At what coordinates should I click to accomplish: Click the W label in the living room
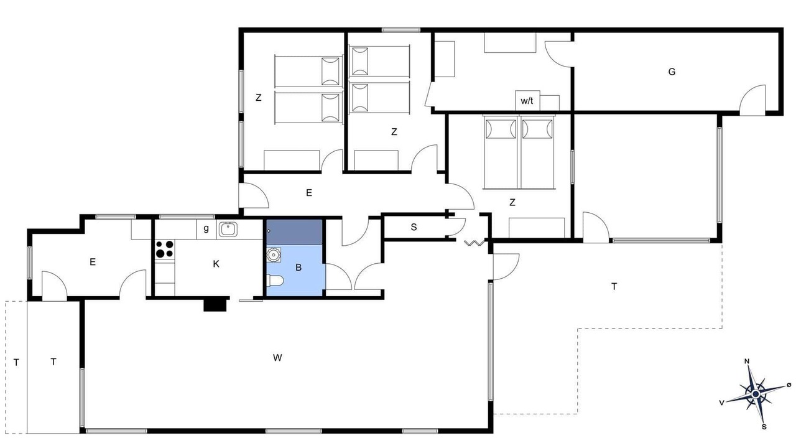pyautogui.click(x=277, y=358)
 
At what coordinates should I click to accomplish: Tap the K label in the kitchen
pyautogui.click(x=216, y=264)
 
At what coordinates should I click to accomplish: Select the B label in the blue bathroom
pyautogui.click(x=298, y=268)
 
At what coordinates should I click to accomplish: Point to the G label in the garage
pyautogui.click(x=672, y=72)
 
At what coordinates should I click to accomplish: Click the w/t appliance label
pyautogui.click(x=527, y=101)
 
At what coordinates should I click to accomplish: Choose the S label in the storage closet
pyautogui.click(x=414, y=227)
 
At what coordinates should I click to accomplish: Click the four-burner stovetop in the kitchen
pyautogui.click(x=165, y=249)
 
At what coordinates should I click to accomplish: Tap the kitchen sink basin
pyautogui.click(x=228, y=230)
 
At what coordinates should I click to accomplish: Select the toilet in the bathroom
pyautogui.click(x=275, y=281)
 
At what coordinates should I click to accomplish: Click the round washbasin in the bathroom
pyautogui.click(x=274, y=254)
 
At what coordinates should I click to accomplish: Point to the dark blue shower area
pyautogui.click(x=294, y=232)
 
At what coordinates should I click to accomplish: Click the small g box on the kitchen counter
pyautogui.click(x=206, y=230)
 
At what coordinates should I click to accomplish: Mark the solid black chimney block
pyautogui.click(x=215, y=304)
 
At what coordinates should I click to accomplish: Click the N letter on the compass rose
pyautogui.click(x=747, y=362)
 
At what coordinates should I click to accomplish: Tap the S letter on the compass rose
pyautogui.click(x=764, y=427)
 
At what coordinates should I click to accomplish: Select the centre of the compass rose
pyautogui.click(x=756, y=394)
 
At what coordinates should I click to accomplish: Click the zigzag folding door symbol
pyautogui.click(x=474, y=243)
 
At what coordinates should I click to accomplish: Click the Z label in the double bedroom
pyautogui.click(x=512, y=202)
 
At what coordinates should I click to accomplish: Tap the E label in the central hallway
pyautogui.click(x=309, y=193)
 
